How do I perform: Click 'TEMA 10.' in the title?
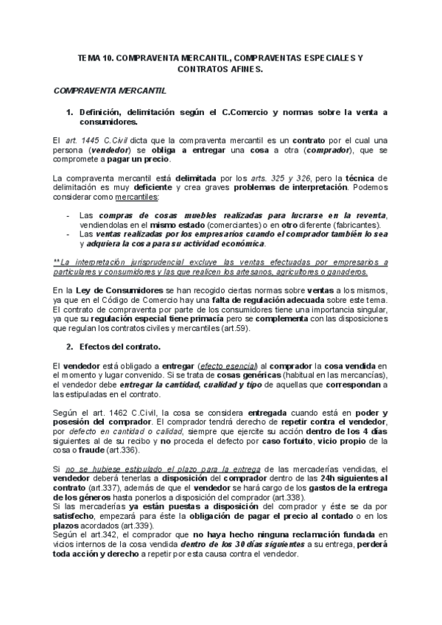pos(94,56)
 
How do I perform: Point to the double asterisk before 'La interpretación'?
pos(58,262)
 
